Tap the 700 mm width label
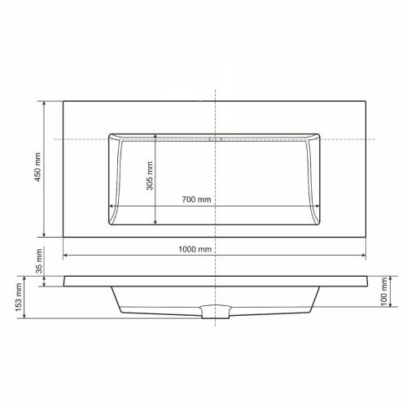197,199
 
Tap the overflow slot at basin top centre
215,139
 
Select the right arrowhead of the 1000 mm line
364,255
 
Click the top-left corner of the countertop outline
63,100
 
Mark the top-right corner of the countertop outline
365,100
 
